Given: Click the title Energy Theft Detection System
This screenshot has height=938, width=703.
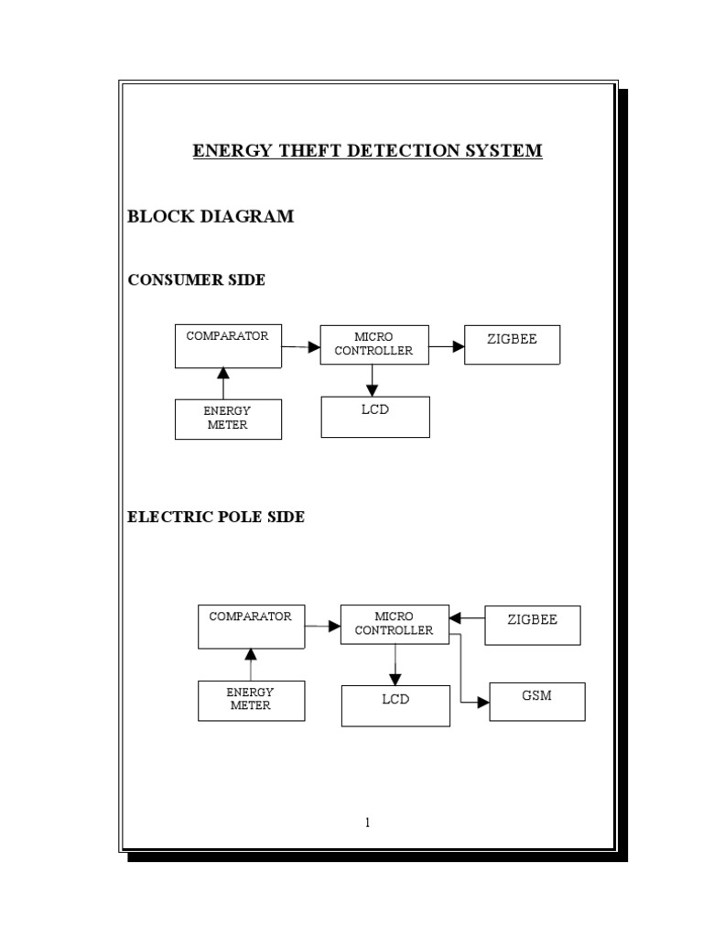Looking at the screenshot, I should coord(367,150).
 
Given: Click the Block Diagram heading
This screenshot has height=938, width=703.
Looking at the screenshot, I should coord(211,217).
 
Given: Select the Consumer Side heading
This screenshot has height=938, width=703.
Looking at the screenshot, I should coord(196,280).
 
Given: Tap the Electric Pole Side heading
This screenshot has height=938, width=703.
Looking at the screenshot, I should coord(215,518).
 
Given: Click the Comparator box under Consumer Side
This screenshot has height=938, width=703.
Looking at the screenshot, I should coord(228,345).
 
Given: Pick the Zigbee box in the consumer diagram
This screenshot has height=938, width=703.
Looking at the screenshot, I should coord(512,344).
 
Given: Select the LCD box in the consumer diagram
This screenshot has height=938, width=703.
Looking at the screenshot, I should coord(375,417).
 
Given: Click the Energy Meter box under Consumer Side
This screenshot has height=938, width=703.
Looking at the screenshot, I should coord(228,419).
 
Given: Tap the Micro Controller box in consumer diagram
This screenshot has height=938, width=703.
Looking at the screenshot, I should coord(373,344).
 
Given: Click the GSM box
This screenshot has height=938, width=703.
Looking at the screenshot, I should coord(537,702).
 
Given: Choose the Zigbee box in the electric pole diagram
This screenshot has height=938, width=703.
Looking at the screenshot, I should coord(533,625).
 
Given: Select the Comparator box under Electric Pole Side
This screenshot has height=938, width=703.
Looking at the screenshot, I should coord(251,626).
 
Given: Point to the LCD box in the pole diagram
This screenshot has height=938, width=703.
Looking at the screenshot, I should coord(395,706).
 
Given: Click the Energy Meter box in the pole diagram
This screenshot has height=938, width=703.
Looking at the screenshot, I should coord(251,701).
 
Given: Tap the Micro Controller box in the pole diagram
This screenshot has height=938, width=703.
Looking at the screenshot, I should coord(395,624).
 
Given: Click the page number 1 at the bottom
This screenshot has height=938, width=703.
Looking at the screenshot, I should coord(367,823).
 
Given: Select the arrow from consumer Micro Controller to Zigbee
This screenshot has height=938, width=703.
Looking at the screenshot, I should coord(446,346).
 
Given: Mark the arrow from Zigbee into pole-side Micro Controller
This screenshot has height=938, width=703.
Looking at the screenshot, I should coord(467,617).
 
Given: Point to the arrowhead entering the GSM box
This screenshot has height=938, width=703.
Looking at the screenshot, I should coord(483,703).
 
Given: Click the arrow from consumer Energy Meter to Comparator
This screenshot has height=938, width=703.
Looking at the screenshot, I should coord(222,383).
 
